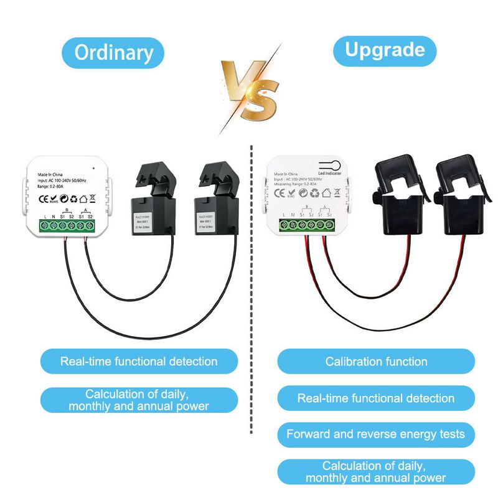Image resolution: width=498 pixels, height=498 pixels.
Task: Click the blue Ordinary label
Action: (x=113, y=52)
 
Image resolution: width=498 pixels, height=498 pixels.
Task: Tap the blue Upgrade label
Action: (x=385, y=50)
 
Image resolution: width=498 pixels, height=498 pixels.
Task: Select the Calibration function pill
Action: (x=376, y=362)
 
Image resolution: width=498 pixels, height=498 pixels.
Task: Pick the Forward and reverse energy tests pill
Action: (x=375, y=434)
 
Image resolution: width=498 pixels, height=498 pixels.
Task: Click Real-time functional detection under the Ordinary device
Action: (x=139, y=361)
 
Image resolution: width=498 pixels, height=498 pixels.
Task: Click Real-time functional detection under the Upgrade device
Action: (x=375, y=398)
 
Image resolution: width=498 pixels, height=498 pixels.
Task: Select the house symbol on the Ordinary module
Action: (x=64, y=200)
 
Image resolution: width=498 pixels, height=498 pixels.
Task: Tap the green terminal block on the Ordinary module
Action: (x=68, y=224)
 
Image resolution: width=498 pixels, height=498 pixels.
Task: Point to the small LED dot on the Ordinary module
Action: (x=92, y=168)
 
